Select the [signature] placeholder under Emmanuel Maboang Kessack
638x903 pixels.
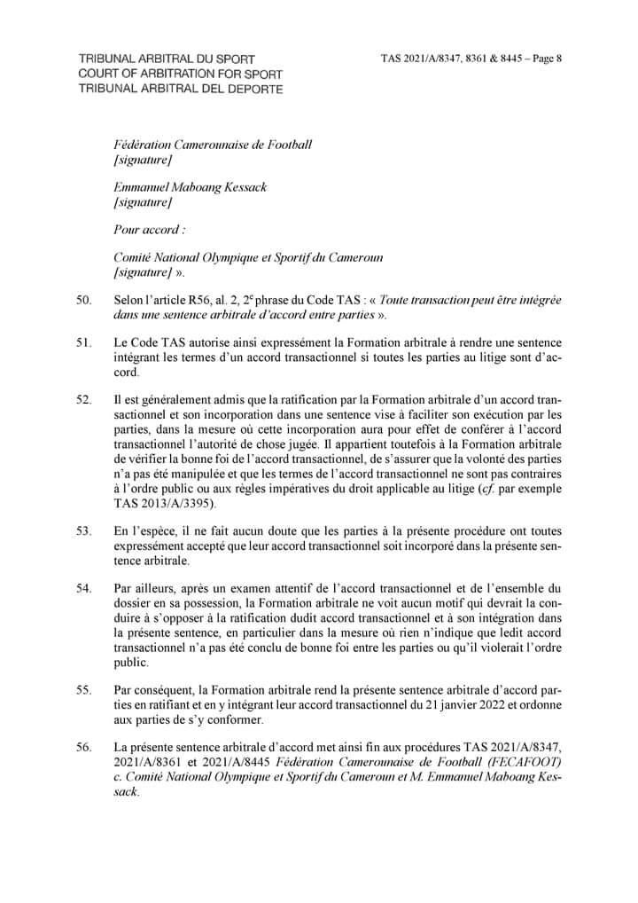click(144, 203)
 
